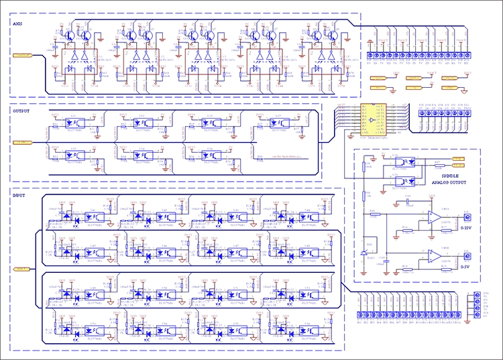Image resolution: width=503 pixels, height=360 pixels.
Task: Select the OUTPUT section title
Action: tap(22, 112)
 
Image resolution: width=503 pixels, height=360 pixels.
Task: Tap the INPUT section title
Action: tap(20, 195)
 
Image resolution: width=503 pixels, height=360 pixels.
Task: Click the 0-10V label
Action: tap(466, 229)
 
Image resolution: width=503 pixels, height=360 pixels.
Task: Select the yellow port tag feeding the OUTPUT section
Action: tap(22, 142)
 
